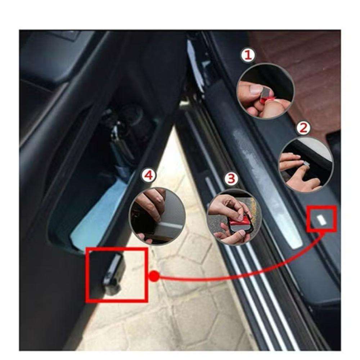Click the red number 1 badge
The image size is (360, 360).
pyautogui.click(x=248, y=55)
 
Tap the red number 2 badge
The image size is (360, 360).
pyautogui.click(x=303, y=128)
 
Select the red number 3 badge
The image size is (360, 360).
pyautogui.click(x=231, y=179)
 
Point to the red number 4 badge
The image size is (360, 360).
pyautogui.click(x=149, y=175)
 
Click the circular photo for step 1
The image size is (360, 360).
pyautogui.click(x=265, y=91)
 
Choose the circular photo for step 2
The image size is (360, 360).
pyautogui.click(x=306, y=165)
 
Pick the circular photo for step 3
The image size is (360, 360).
pyautogui.click(x=234, y=217)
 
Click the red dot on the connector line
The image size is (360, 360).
pyautogui.click(x=154, y=276)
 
